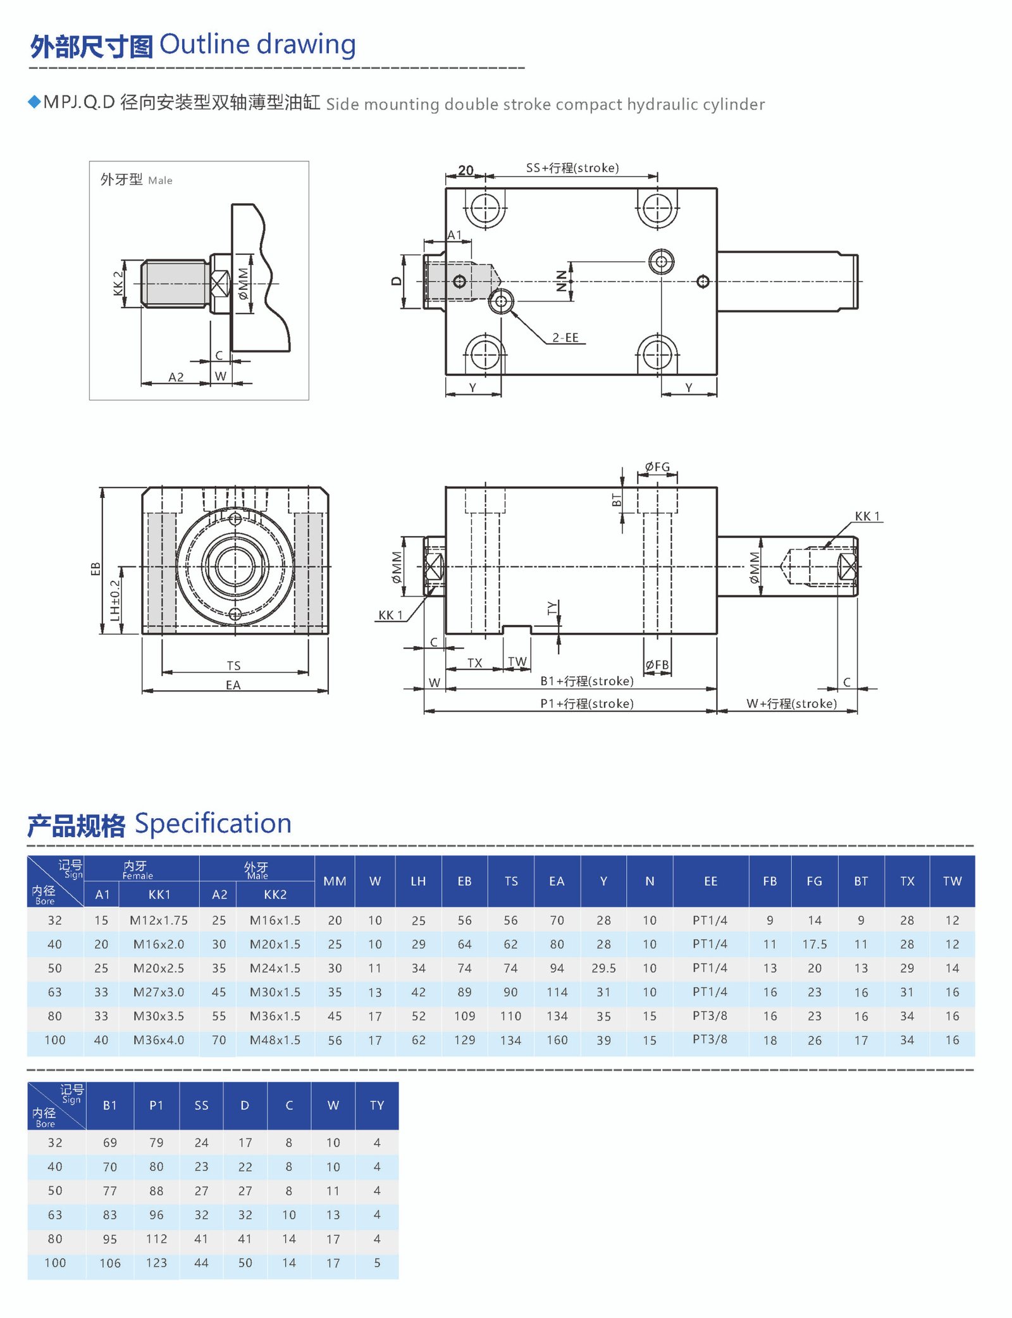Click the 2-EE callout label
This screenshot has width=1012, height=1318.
pos(565,338)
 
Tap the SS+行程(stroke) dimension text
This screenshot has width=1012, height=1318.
pos(572,168)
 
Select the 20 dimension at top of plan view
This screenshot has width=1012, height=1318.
pos(466,170)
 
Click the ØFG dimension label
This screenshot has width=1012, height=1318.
pos(657,467)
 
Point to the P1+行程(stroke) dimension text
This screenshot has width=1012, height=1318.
pos(587,704)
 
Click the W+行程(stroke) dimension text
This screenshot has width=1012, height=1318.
pos(791,704)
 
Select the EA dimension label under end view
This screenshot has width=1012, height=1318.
pos(233,685)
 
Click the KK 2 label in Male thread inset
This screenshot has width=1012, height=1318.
pos(118,283)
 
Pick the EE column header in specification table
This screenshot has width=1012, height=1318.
pos(710,881)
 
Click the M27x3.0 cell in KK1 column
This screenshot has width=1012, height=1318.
pos(159,992)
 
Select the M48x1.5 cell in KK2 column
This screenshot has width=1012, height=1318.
pos(275,1040)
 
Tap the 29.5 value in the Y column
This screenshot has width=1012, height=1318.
pos(603,968)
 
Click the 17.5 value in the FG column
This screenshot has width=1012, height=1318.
pos(814,944)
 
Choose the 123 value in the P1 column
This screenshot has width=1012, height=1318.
pos(156,1263)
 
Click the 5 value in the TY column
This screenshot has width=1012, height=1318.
pos(377,1263)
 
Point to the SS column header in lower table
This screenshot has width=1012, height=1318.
pos(201,1105)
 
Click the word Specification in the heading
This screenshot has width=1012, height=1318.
pos(213,824)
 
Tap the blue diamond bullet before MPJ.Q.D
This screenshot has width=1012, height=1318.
pos(35,102)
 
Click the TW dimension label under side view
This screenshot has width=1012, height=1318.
pos(517,662)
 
